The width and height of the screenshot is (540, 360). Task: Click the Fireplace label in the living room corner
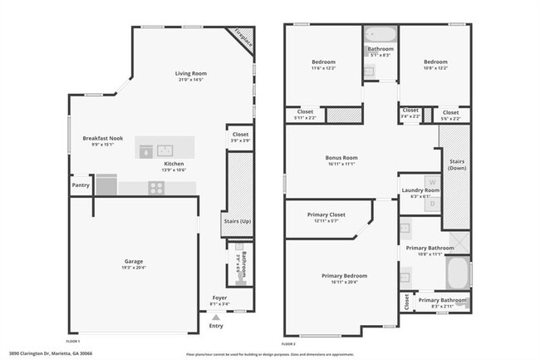[x=243, y=38]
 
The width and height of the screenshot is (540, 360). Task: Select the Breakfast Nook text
[x=103, y=138]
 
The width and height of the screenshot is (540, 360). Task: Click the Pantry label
[x=81, y=185]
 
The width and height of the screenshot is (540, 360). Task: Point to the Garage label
[x=134, y=261]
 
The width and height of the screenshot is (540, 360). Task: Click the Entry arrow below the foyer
[x=216, y=317]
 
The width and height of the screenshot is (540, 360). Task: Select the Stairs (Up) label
[x=238, y=221]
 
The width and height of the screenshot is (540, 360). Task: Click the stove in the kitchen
[x=155, y=188]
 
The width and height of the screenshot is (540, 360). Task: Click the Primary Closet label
[x=326, y=215]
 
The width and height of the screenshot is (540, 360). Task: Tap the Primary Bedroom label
[x=344, y=275]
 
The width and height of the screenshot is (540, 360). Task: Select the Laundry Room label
[x=420, y=190]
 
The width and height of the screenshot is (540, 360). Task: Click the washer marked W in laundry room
[x=431, y=182]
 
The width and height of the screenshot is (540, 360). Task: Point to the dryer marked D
[x=431, y=202]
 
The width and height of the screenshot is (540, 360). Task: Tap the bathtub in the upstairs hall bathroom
[x=380, y=35]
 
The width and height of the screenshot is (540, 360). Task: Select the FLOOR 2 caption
[x=288, y=343]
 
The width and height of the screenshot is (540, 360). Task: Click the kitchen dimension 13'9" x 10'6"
[x=174, y=170]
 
